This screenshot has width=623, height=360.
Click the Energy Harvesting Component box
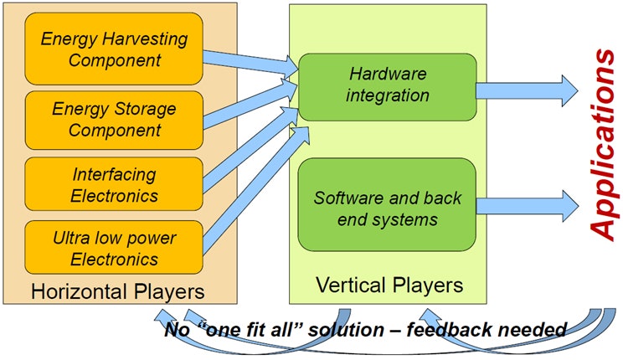115,49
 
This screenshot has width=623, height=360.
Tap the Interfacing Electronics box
115,184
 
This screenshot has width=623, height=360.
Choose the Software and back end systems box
387,208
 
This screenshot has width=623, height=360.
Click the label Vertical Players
389,285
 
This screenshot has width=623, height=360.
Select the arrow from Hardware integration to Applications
528,90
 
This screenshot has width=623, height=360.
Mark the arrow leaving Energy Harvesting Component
247,58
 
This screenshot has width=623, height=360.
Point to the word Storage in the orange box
138,109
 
